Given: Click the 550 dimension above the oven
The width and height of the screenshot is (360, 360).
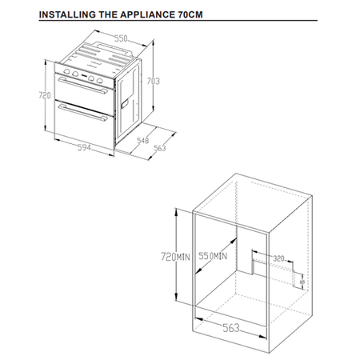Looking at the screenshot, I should pyautogui.click(x=122, y=38).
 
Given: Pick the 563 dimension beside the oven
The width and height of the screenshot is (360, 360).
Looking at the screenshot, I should pyautogui.click(x=158, y=147).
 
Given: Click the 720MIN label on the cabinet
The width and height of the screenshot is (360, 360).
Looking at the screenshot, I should pyautogui.click(x=175, y=256).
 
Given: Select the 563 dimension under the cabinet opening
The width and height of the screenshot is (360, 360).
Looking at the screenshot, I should pyautogui.click(x=230, y=326).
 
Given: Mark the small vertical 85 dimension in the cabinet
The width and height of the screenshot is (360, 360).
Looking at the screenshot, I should pyautogui.click(x=302, y=279).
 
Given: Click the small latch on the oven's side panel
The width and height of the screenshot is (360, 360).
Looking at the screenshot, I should pyautogui.click(x=126, y=105).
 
